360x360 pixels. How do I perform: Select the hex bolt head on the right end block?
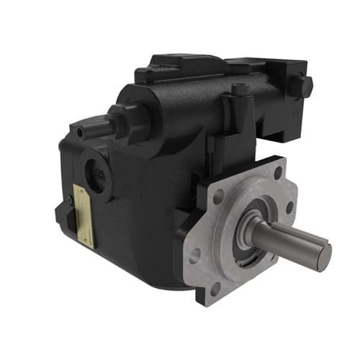305,87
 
